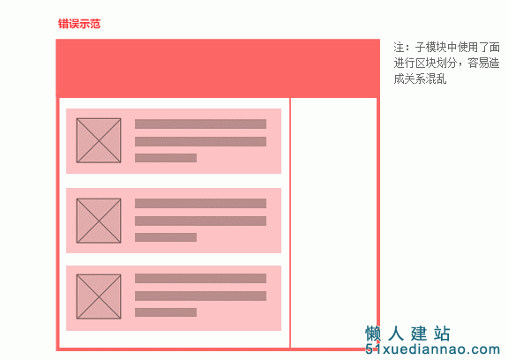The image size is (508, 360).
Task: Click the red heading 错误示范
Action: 79,24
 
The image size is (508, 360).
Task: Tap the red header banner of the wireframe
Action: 218,68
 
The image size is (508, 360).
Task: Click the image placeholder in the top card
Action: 99,140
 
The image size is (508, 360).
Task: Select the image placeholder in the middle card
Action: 99,221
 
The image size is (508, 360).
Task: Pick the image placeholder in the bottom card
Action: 99,296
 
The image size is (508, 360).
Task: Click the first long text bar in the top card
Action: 200,124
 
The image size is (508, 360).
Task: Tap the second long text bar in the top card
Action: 200,141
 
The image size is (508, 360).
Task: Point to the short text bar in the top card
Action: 166,158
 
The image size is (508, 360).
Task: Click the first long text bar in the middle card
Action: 200,204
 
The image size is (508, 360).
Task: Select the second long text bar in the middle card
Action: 200,221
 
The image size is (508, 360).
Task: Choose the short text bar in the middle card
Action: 166,237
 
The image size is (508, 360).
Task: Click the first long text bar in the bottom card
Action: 200,278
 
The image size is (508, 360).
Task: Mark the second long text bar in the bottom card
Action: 200,296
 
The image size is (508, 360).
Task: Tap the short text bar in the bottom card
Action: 166,312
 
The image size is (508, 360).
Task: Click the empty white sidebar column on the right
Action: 333,211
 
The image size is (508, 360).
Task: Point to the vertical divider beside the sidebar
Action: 290,222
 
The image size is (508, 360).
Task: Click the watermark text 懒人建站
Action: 407,334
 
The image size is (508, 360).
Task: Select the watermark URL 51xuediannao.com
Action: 432,349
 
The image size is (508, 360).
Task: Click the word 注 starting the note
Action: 399,48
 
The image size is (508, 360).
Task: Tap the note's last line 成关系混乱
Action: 420,79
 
